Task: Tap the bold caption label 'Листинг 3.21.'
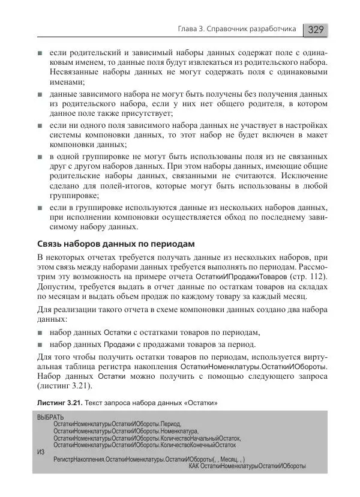pyautogui.click(x=59, y=402)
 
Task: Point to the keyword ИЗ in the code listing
pyautogui.click(x=40, y=452)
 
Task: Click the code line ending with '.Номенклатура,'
pyautogui.click(x=125, y=431)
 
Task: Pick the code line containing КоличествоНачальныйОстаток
pyautogui.click(x=146, y=438)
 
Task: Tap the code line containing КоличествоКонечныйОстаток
pyautogui.click(x=144, y=445)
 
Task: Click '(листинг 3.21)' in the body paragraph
pyautogui.click(x=64, y=387)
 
